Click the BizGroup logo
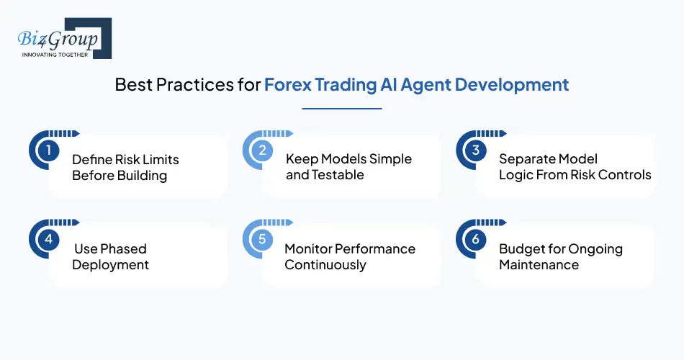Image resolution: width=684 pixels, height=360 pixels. click(60, 38)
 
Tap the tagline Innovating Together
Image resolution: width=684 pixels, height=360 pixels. click(55, 55)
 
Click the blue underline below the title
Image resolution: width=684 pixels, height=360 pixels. click(341, 109)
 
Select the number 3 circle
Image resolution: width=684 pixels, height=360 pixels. click(475, 150)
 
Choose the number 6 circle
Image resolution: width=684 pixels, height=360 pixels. click(475, 240)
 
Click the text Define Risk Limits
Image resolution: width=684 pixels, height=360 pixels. click(125, 159)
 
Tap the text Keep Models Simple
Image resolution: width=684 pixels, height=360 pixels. click(348, 159)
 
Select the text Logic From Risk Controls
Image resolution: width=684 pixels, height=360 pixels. click(575, 175)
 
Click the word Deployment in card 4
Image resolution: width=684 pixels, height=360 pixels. click(110, 265)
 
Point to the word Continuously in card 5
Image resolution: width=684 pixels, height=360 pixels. click(325, 265)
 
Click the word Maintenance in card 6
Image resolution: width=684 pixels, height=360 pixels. click(539, 265)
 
